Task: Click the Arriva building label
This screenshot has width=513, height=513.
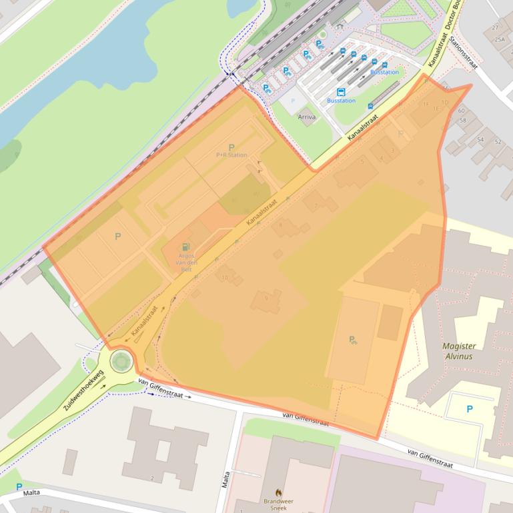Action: (307, 117)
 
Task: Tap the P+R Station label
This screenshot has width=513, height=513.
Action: (231, 155)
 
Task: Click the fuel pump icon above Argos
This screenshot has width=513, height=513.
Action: (185, 247)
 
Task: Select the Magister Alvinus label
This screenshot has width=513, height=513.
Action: (458, 350)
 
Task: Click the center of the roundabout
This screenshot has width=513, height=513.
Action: (121, 362)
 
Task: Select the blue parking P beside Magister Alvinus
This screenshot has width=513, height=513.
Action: (469, 409)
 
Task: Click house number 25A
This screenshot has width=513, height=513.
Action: (499, 39)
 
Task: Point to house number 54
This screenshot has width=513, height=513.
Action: (480, 140)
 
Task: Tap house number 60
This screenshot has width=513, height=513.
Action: (462, 111)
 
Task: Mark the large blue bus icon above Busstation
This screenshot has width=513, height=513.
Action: (341, 92)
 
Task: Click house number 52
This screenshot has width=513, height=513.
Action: (498, 141)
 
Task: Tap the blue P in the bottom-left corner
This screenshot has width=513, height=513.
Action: (19, 487)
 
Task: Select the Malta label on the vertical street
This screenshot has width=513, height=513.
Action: (227, 478)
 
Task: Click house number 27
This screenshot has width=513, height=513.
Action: (495, 27)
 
